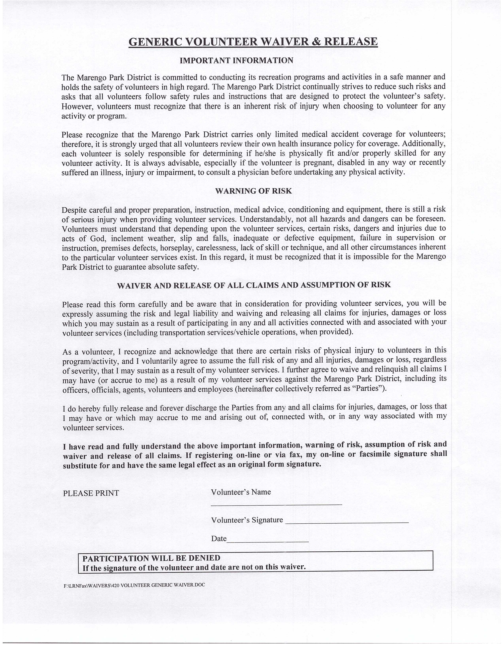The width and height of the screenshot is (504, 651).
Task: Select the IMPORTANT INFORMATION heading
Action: tap(236, 61)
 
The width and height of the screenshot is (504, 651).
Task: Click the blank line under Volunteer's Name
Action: tap(276, 504)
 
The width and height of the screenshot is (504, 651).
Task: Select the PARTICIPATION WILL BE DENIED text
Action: tap(151, 558)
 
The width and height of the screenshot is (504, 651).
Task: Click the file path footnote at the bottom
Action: tap(134, 585)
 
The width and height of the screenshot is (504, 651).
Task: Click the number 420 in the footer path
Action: tap(116, 585)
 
